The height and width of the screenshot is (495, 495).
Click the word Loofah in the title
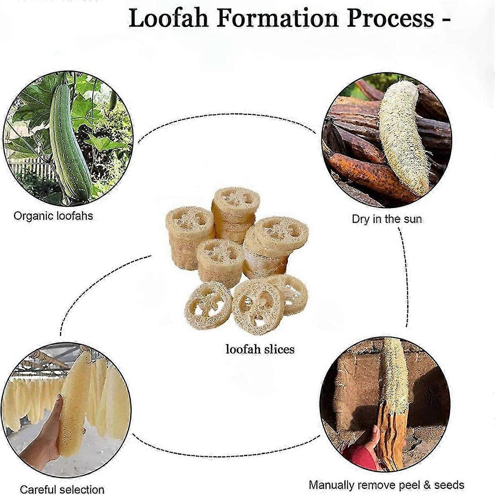pyautogui.click(x=169, y=18)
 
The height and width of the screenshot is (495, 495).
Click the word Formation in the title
pyautogui.click(x=278, y=18)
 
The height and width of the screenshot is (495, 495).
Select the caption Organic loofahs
pyautogui.click(x=53, y=216)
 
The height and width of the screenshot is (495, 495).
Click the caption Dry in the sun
pyautogui.click(x=386, y=219)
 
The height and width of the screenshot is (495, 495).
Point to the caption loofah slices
pyautogui.click(x=260, y=349)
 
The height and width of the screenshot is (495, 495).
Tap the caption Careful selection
pyautogui.click(x=62, y=489)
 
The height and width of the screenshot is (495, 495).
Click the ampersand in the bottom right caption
pyautogui.click(x=427, y=485)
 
